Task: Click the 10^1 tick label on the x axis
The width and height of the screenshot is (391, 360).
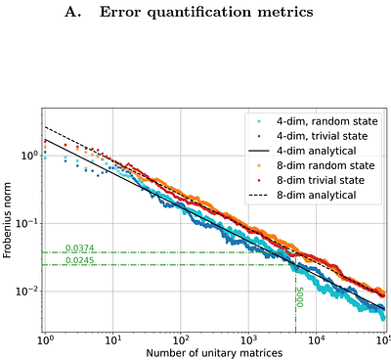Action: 113,338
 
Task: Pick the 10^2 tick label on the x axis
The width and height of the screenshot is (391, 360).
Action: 181,338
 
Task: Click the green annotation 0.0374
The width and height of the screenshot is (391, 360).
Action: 80,247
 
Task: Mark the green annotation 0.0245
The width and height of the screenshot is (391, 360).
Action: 80,260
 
